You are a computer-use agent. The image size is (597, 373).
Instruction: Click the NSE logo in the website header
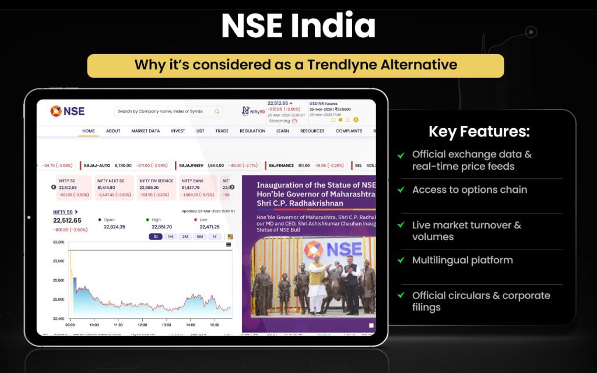click(x=67, y=111)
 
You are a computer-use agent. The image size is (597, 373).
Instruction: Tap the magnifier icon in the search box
click(x=217, y=111)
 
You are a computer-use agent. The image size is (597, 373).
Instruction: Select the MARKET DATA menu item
click(x=145, y=131)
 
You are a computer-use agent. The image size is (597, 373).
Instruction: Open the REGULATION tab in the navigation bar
click(x=252, y=131)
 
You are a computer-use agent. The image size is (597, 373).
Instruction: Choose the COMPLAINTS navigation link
click(x=349, y=131)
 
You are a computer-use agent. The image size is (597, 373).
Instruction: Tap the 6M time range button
click(x=199, y=237)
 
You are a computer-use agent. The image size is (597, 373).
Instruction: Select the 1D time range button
click(x=156, y=237)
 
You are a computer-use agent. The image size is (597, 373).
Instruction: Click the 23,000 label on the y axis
click(x=58, y=261)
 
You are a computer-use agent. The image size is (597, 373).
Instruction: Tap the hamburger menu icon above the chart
click(x=229, y=245)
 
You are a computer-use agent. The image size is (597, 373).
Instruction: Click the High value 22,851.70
click(x=161, y=227)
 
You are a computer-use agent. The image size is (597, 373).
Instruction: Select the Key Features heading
click(x=479, y=132)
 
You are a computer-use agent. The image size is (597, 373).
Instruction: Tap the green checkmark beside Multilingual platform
click(x=401, y=261)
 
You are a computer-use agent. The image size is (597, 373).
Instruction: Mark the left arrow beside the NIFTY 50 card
click(x=54, y=187)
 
